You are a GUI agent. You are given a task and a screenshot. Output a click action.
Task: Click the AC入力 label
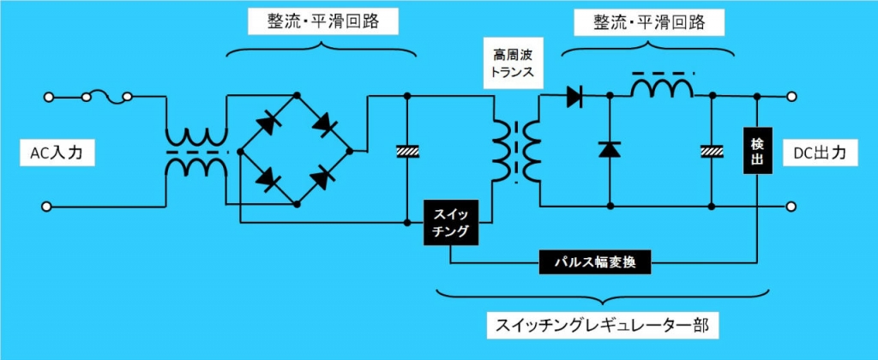pyautogui.click(x=57, y=153)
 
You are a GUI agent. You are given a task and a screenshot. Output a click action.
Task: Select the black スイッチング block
pyautogui.click(x=451, y=222)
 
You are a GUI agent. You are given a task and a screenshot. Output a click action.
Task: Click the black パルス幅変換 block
pyautogui.click(x=595, y=262)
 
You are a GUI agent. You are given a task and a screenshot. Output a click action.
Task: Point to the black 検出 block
pyautogui.click(x=757, y=150)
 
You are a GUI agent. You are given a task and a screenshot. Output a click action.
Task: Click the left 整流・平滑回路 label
pyautogui.click(x=322, y=21)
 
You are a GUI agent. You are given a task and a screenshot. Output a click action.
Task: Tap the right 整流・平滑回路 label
pyautogui.click(x=649, y=23)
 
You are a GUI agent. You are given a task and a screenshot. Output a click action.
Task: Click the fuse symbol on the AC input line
pyautogui.click(x=106, y=97)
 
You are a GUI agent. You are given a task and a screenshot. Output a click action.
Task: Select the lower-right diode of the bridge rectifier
pyautogui.click(x=322, y=178)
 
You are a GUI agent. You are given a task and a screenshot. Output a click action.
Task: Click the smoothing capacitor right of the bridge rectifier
pyautogui.click(x=407, y=151)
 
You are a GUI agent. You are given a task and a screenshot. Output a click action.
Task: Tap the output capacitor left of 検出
pyautogui.click(x=712, y=151)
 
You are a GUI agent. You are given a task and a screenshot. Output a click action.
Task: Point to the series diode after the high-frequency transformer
pyautogui.click(x=575, y=97)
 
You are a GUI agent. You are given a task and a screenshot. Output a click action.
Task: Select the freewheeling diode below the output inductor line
pyautogui.click(x=610, y=149)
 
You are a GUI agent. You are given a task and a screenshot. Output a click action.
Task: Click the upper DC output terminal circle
pyautogui.click(x=791, y=97)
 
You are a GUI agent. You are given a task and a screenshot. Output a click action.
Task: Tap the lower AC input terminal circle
pyautogui.click(x=47, y=207)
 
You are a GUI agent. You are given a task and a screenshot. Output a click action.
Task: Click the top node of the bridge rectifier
pyautogui.click(x=297, y=94)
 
